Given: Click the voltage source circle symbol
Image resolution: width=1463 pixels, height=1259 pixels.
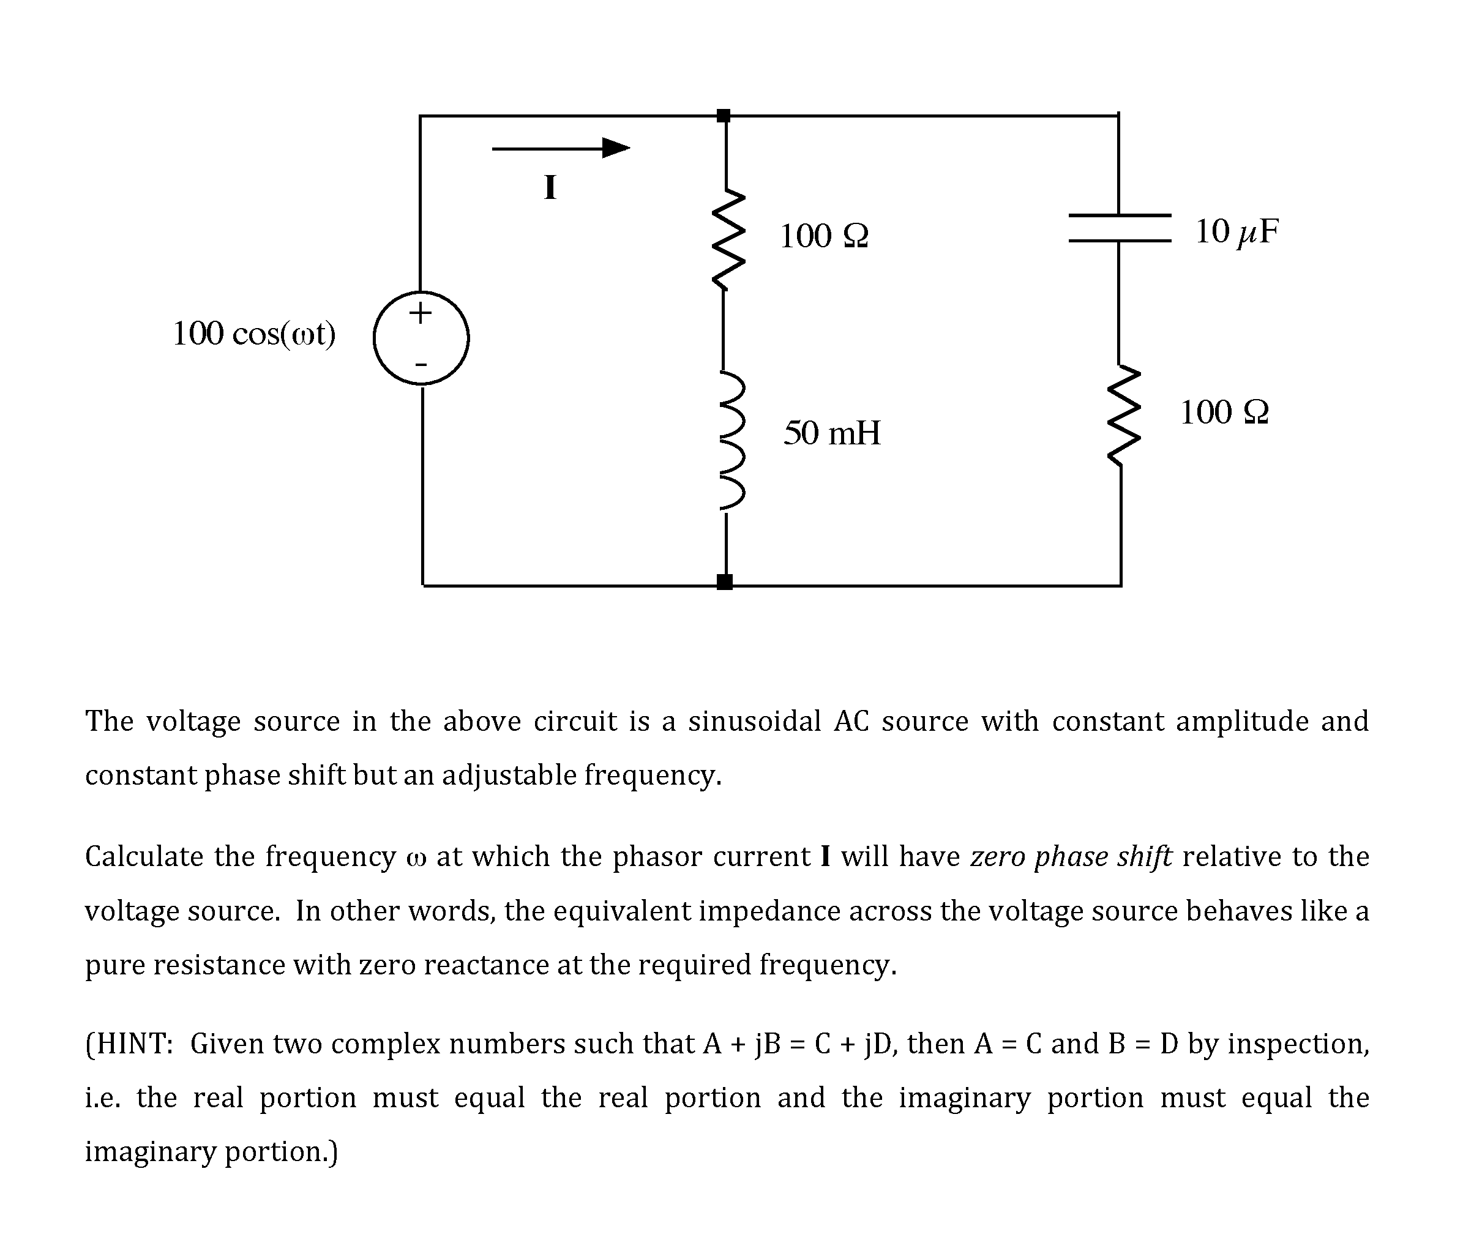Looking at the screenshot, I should (x=421, y=338).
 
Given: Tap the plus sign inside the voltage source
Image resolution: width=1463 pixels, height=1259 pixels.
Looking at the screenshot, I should (x=420, y=312).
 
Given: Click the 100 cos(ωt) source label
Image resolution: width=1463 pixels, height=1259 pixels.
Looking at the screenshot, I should (x=254, y=334).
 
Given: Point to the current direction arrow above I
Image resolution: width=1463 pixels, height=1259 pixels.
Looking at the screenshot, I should (x=561, y=148).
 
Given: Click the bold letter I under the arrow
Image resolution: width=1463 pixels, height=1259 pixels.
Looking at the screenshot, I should (x=550, y=188).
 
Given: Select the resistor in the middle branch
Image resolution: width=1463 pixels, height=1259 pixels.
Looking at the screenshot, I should (x=726, y=239).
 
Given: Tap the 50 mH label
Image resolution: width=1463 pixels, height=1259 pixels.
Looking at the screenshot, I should (x=832, y=433).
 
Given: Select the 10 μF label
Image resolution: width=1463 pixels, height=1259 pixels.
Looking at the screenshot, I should (x=1237, y=231).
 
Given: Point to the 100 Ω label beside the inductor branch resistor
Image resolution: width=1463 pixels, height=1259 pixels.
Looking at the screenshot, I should (x=824, y=236).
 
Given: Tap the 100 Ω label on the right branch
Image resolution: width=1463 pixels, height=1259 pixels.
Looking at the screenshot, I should (x=1224, y=413).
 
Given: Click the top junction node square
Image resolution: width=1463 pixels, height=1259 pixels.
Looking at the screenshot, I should (x=723, y=116).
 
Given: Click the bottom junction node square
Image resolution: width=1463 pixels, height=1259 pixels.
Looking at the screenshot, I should (x=724, y=582).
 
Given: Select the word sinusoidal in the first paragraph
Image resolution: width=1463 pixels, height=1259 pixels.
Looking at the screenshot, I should (x=754, y=722).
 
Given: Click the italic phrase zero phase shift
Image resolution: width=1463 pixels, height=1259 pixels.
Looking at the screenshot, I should (x=1071, y=856).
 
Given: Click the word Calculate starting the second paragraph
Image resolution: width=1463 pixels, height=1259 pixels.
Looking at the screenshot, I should (x=144, y=856).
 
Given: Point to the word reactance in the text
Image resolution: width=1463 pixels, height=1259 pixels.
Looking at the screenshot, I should (x=486, y=965).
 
